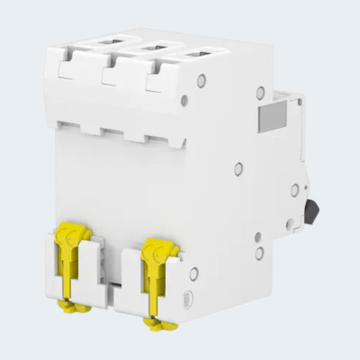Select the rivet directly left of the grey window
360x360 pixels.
(x=260, y=92)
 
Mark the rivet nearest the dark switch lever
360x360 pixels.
(x=294, y=189)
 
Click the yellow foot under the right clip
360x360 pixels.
(x=156, y=319)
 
